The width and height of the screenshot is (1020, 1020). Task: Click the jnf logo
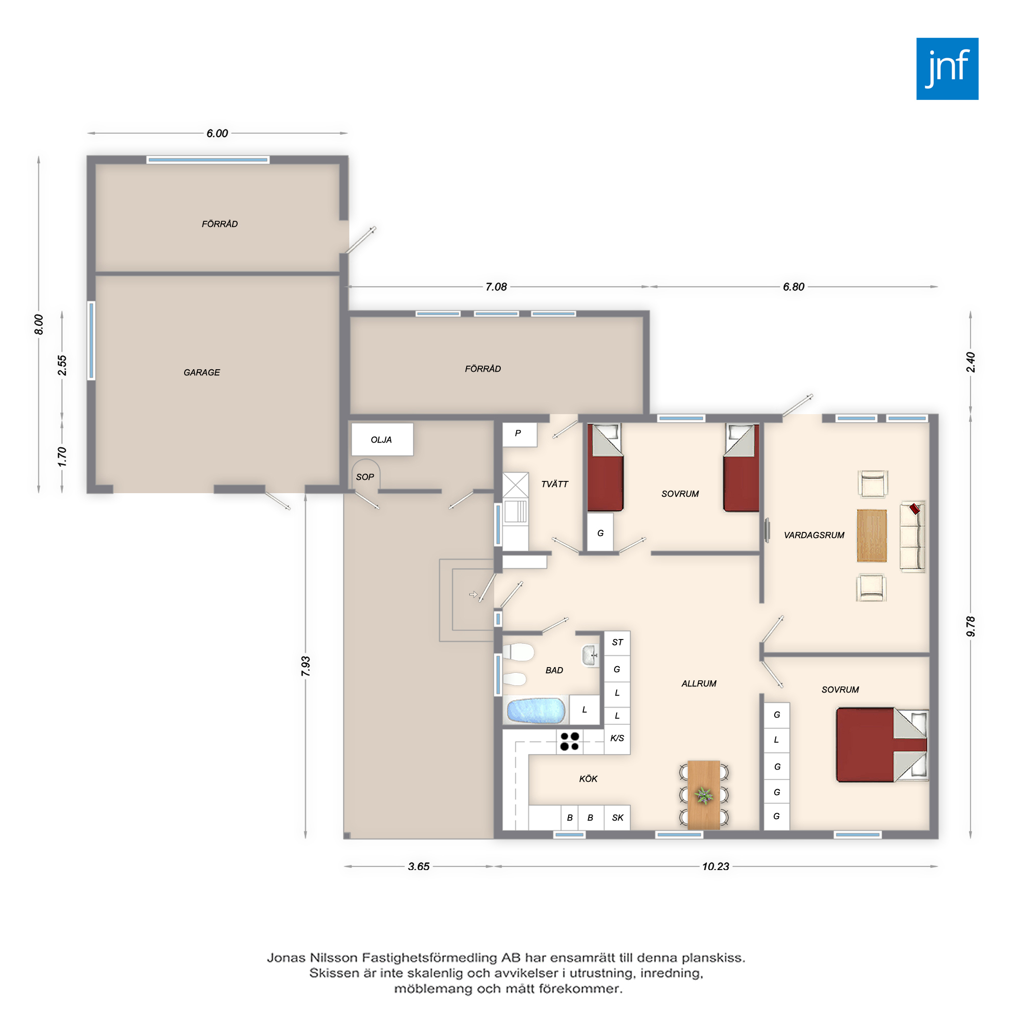pos(947,69)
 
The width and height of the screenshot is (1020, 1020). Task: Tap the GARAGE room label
pos(201,372)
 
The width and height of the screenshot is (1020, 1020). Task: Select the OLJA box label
pos(381,440)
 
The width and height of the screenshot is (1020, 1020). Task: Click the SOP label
pos(365,477)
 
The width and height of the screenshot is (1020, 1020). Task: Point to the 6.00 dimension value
pos(217,134)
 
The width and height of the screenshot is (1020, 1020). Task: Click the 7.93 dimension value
pos(305,666)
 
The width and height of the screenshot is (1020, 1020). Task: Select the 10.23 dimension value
pos(716,866)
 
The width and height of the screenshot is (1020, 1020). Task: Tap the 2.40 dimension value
pos(971,362)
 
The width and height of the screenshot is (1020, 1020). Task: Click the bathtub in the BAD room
pos(535,710)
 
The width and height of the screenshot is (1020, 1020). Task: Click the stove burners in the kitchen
pos(570,741)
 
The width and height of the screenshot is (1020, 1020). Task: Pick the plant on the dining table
pos(703,795)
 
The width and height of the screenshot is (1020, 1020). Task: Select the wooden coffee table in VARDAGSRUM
pos(872,535)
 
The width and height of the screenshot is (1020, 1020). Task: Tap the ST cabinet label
pos(617,643)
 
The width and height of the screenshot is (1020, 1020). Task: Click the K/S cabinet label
pos(617,738)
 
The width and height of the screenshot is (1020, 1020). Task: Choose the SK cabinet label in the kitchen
pos(618,818)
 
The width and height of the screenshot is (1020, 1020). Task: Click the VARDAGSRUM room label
pos(814,535)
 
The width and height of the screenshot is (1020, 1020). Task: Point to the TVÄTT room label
pos(554,484)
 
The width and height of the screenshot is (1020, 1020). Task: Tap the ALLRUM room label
pos(699,684)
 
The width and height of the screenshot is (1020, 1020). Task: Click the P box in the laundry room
pos(520,435)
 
